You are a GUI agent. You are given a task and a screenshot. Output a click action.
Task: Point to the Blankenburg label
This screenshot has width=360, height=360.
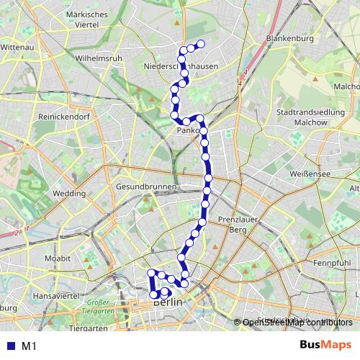tap(287, 37)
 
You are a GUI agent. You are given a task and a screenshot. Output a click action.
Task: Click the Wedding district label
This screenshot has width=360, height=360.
tap(69, 194)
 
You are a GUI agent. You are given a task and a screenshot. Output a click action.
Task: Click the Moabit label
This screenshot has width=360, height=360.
tap(58, 257)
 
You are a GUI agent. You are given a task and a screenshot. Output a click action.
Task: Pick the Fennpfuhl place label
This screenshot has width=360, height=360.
tap(332, 263)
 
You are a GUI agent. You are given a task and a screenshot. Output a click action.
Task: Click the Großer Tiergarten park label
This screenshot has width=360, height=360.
tap(102, 307)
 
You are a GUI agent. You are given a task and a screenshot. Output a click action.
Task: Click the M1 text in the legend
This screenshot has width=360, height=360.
tap(29, 346)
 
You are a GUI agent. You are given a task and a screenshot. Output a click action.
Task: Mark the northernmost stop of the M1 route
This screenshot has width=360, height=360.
tap(201, 45)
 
